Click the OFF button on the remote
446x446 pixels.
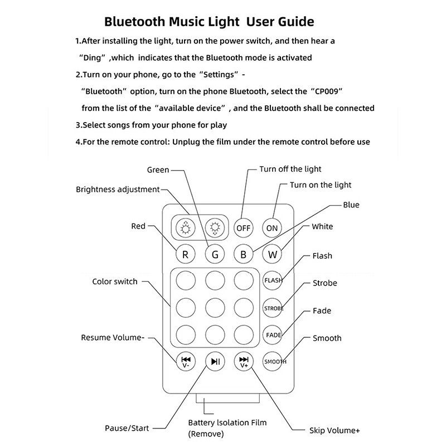point(243,227)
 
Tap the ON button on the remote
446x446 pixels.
point(272,227)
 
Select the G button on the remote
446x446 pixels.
point(214,254)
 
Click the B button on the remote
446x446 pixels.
point(243,254)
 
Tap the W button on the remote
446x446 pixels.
point(272,254)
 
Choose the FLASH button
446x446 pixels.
point(273,280)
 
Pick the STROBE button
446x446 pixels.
point(273,308)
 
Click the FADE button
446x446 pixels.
point(273,334)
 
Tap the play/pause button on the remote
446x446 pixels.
point(215,361)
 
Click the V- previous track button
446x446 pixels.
point(186,361)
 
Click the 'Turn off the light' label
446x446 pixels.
point(290,169)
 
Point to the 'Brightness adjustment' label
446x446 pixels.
point(118,189)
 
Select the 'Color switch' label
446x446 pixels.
point(114,282)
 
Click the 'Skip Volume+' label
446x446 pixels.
point(334,430)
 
